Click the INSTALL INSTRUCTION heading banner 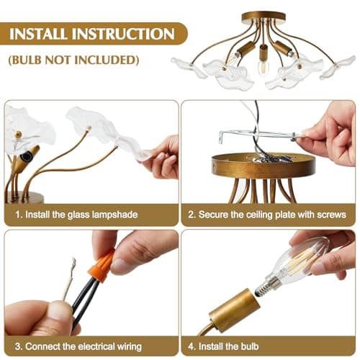92,34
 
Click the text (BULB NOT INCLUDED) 73,60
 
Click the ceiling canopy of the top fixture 264,17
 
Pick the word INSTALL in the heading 42,34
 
